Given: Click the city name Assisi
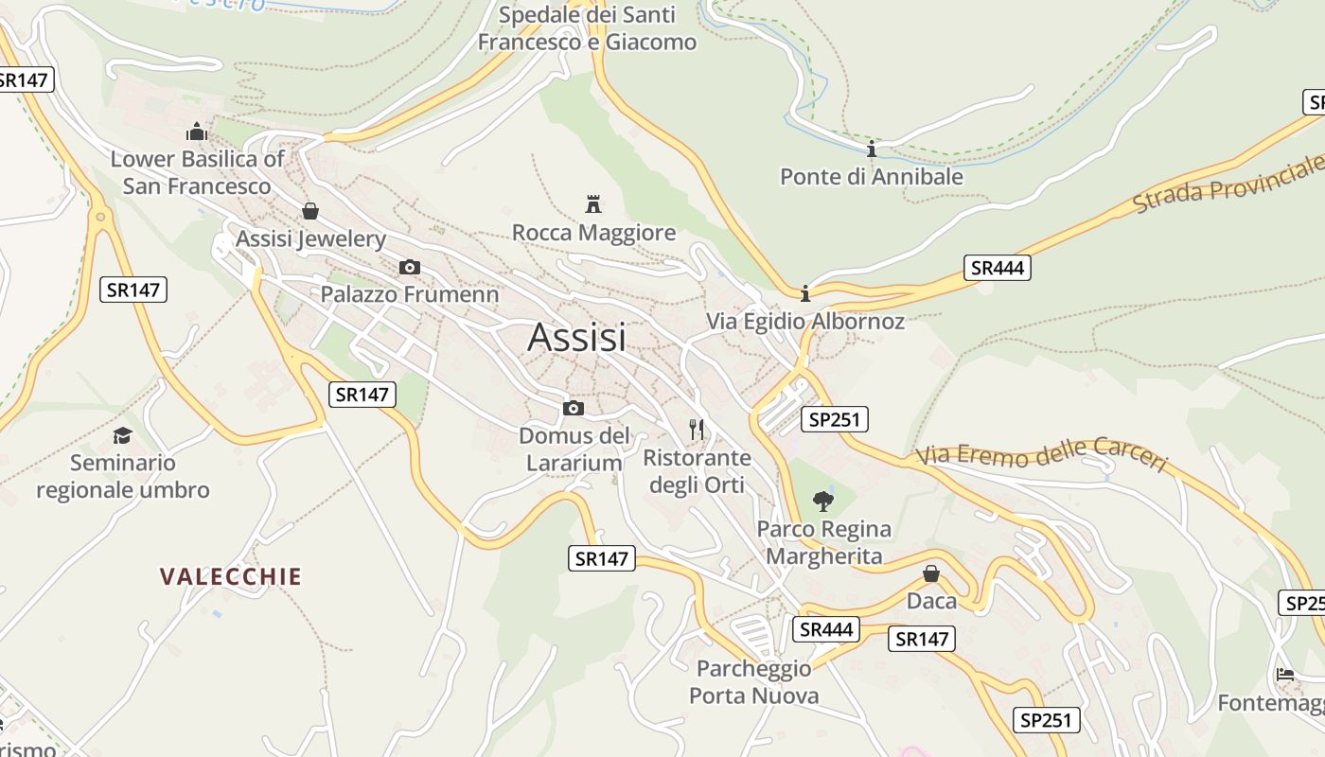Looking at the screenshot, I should tap(576, 337).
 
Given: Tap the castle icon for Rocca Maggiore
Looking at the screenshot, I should tap(593, 203).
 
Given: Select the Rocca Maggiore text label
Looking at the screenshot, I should tap(593, 233).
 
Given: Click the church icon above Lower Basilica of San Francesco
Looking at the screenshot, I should tap(197, 132).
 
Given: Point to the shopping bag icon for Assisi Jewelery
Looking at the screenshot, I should tap(309, 211).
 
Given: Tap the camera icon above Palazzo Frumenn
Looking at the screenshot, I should tap(409, 267).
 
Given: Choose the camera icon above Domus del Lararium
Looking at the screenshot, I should tap(573, 408).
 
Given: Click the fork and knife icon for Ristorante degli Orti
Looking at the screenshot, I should tap(697, 430).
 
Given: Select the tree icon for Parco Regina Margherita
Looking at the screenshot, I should tap(823, 501).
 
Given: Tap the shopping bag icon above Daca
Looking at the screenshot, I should tap(931, 573).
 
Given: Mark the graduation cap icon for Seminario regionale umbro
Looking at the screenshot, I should tap(122, 435).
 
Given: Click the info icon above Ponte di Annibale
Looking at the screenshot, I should tap(872, 149).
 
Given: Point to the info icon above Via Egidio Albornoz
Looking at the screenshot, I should tap(804, 293).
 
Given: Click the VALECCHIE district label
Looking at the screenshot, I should tap(231, 576).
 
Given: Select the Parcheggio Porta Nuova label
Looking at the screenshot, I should tap(754, 682).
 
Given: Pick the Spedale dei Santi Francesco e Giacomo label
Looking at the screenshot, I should tap(587, 28).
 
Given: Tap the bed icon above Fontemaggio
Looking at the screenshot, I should tap(1284, 675).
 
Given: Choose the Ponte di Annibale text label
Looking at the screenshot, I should tap(871, 177).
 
